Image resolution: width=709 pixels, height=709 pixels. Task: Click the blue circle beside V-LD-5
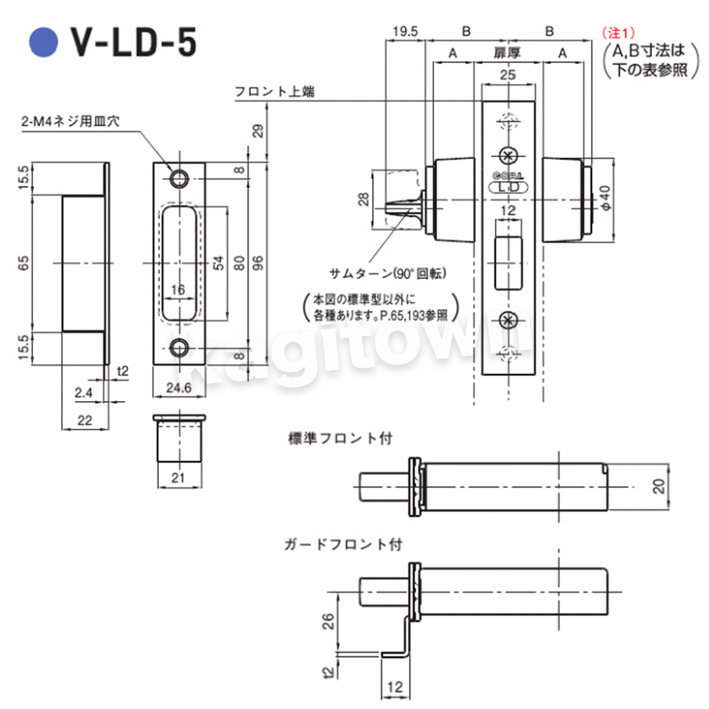click(x=43, y=43)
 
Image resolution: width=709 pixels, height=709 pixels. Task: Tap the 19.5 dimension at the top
click(x=405, y=32)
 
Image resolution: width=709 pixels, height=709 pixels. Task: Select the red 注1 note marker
click(x=618, y=33)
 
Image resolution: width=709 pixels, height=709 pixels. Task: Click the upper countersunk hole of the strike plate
click(x=179, y=179)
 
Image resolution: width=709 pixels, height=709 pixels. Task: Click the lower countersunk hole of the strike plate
click(x=179, y=347)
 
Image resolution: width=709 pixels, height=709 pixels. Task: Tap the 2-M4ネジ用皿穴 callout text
click(x=70, y=121)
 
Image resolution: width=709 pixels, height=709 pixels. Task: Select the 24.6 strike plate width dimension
click(x=179, y=388)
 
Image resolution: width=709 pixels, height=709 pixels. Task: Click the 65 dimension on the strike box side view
click(x=24, y=263)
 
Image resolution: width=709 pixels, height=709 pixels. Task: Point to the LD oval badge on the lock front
click(x=508, y=187)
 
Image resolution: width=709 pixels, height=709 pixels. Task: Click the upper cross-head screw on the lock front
click(x=509, y=156)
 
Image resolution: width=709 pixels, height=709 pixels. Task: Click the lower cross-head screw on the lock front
click(x=509, y=320)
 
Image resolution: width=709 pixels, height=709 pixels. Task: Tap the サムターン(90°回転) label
click(x=388, y=274)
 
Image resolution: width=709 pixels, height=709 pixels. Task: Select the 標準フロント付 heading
click(x=340, y=438)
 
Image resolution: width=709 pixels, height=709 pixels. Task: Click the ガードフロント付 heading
click(x=343, y=544)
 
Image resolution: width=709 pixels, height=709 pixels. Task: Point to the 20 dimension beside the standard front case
click(x=658, y=486)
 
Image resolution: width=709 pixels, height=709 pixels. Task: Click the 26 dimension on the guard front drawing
click(x=328, y=622)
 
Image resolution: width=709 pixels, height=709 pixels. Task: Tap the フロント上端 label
click(x=275, y=91)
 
